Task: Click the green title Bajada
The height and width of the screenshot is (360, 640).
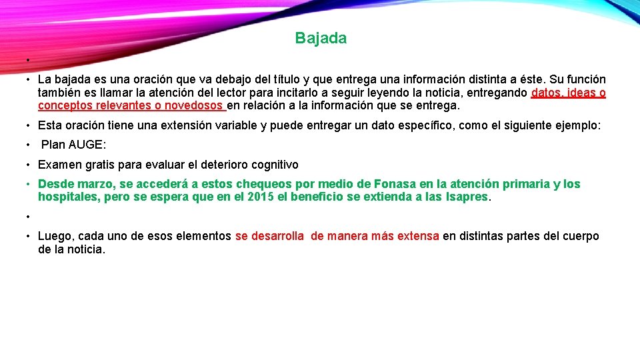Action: click(321, 39)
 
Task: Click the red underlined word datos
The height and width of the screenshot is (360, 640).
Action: click(546, 93)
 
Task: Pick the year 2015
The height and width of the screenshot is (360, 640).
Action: click(261, 197)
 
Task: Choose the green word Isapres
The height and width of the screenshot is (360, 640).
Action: click(467, 197)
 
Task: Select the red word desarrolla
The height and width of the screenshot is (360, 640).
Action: click(277, 236)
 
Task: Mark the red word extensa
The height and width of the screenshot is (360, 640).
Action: click(417, 236)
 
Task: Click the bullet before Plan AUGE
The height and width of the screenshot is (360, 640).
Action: click(29, 145)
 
